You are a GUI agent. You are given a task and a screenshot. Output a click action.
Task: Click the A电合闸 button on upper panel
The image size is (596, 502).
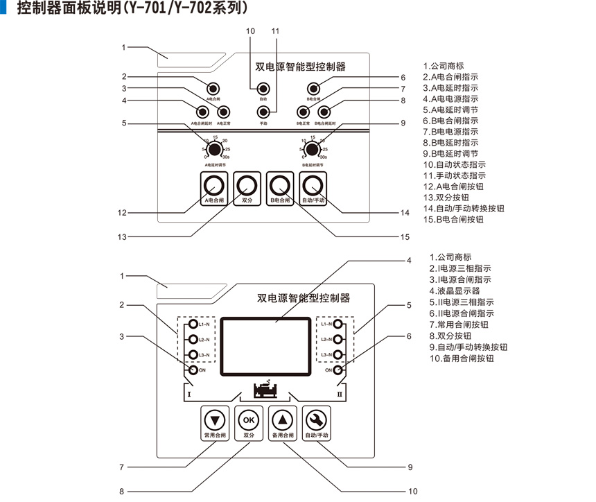coord(214,185)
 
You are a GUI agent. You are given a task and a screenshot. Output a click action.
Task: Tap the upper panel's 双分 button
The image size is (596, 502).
coord(247,185)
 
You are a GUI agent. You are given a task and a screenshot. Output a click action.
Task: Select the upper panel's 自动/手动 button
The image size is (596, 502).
coord(313,185)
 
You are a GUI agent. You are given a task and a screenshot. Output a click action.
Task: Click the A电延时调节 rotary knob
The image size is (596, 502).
coord(216,150)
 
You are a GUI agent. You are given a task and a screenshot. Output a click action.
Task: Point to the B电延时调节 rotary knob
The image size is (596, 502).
coord(313,150)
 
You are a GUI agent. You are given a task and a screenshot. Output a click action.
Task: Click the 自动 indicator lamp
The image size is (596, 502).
coord(263,89)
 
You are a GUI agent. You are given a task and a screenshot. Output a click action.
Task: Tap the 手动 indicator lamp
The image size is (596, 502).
coord(263,111)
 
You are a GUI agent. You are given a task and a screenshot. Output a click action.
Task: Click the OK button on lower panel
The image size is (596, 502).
coord(249,419)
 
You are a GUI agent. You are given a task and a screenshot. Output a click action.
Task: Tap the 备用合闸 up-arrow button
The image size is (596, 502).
coord(283,419)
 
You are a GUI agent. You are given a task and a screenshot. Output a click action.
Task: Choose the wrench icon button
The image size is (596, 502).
coord(317,419)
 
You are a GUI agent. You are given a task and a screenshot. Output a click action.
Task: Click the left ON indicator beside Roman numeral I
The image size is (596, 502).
coord(193,370)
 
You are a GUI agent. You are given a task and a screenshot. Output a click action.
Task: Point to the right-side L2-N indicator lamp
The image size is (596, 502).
coord(339,340)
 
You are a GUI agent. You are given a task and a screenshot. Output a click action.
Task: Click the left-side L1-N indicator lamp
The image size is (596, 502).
coord(193,324)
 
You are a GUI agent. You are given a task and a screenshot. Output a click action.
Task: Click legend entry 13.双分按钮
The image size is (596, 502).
coord(450,198)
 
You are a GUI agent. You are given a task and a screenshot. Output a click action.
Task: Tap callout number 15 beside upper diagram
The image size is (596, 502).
coord(405,236)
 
